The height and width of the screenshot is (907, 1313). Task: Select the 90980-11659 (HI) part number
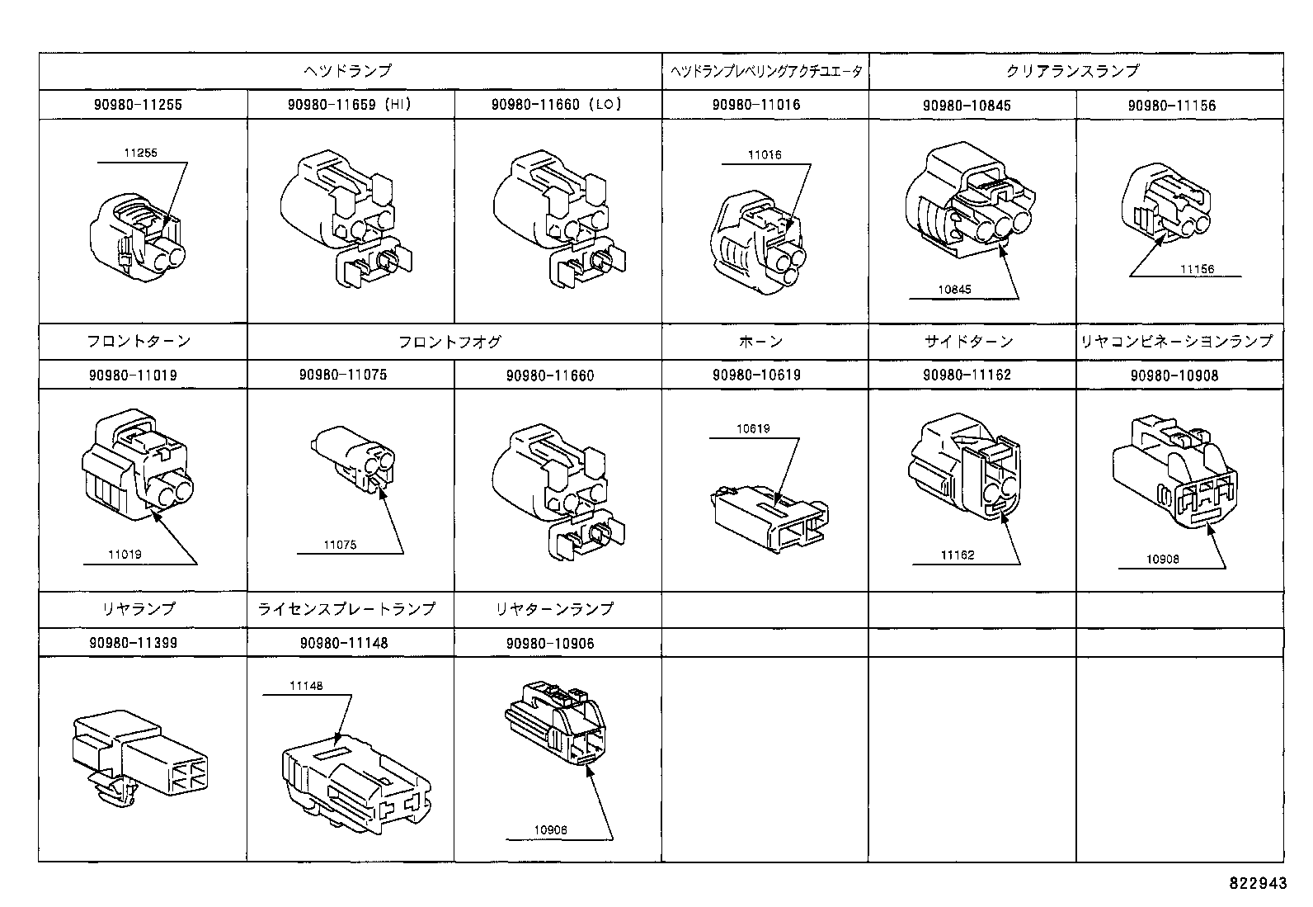point(350,105)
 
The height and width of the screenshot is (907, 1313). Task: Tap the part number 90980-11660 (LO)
point(557,105)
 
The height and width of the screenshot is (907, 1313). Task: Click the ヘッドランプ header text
point(349,72)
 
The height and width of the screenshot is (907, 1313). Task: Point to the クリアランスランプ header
point(1072,72)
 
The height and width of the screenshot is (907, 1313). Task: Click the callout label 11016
point(764,155)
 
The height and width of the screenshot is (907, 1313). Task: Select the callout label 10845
point(954,290)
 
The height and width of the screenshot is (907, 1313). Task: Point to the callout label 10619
point(752,428)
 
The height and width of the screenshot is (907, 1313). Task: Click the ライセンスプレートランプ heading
point(346,609)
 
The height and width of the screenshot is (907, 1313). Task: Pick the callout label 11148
point(305,686)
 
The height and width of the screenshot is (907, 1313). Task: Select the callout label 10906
point(550,831)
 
